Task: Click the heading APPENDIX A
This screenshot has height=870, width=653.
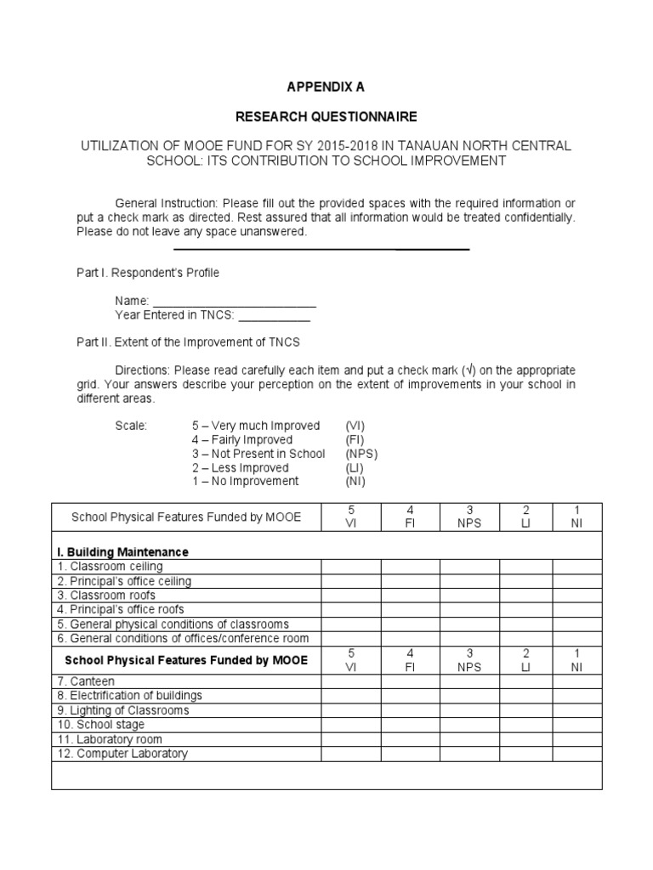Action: [x=326, y=87]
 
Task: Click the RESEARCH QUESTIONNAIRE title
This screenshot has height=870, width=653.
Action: [x=326, y=116]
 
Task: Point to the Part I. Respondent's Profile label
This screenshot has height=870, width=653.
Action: [x=149, y=273]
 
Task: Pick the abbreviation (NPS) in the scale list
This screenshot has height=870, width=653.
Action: [x=361, y=454]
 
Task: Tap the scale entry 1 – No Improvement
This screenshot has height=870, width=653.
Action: [x=246, y=481]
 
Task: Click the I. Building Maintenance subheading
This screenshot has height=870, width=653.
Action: [x=123, y=551]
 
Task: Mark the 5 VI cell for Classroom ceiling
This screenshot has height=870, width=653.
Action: [x=351, y=567]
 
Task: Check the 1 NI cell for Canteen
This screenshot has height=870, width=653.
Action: [x=577, y=681]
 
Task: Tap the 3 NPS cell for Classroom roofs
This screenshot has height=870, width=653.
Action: [x=468, y=596]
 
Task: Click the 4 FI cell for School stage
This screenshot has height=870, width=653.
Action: [x=410, y=725]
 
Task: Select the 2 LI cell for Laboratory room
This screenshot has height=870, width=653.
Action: [x=525, y=739]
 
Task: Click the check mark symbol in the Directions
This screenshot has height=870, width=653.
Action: [x=468, y=371]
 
